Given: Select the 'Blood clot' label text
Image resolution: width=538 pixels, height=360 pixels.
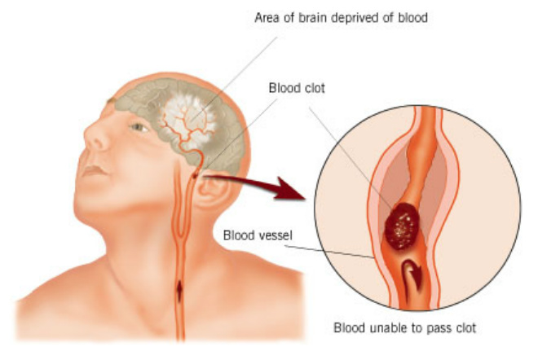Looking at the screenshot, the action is point(297,88).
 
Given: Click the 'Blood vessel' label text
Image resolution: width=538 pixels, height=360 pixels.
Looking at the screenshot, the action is point(258,235).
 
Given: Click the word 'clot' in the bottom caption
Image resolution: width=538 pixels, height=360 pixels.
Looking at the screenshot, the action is point(465,328).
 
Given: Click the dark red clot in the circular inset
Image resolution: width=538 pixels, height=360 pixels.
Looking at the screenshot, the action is point(402,226).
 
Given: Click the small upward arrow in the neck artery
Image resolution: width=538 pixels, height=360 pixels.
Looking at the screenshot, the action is point(179,292).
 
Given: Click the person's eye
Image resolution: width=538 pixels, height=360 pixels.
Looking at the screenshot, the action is point(139,127).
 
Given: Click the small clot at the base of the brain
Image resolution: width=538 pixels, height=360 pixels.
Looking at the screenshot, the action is point(195,176).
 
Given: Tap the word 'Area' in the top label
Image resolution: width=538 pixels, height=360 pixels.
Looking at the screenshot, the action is point(267,17).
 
